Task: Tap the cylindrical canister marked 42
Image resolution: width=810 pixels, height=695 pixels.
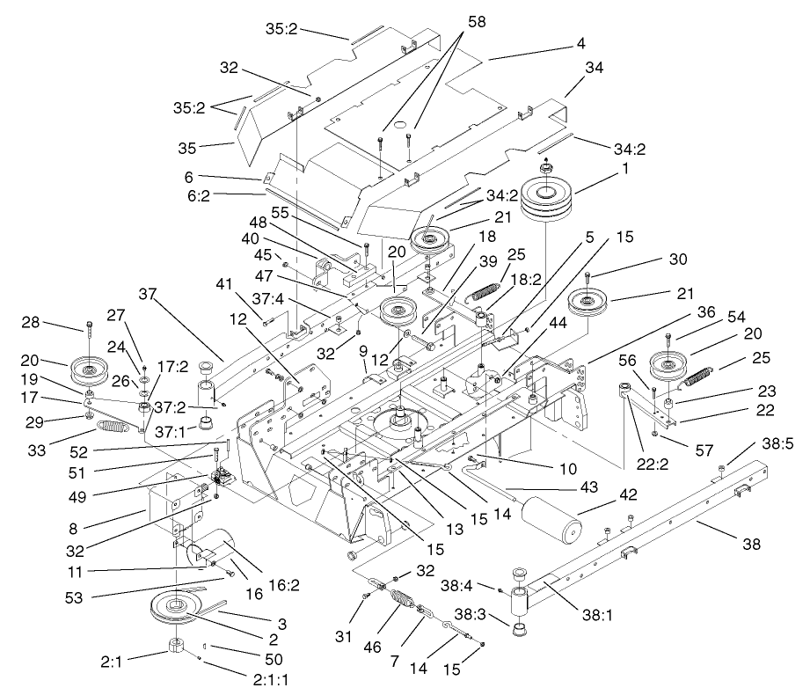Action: click(x=551, y=523)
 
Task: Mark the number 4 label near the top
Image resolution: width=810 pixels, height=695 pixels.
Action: click(x=580, y=42)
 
